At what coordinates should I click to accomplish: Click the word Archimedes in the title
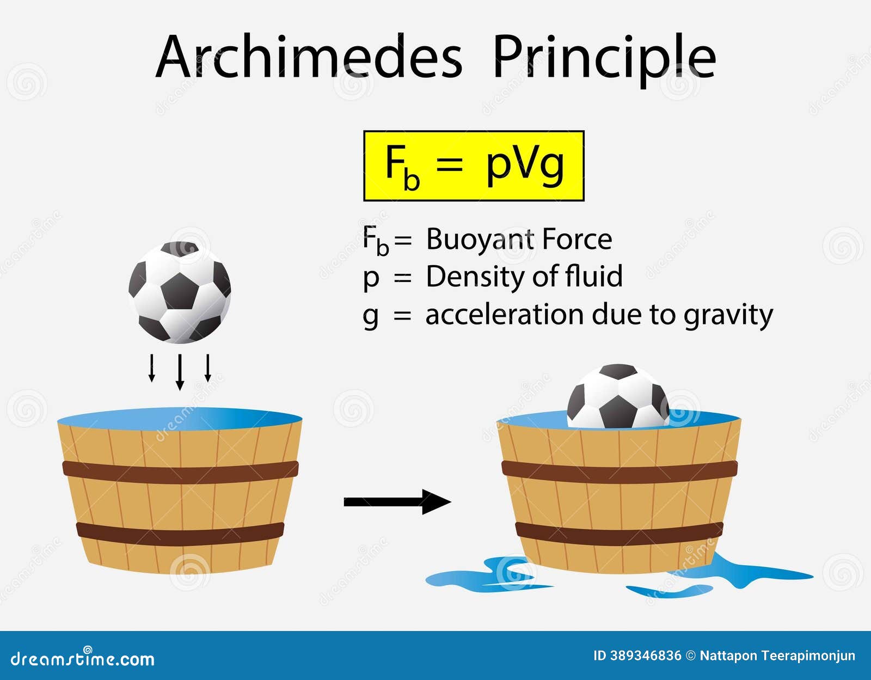309,57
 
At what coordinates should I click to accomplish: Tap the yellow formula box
474,166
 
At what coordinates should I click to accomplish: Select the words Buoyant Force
519,239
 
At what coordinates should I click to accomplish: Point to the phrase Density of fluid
524,276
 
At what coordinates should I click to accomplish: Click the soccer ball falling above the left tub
180,292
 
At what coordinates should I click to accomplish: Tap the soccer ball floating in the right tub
618,396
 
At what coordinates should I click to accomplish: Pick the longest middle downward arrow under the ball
180,372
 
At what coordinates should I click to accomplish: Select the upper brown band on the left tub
180,469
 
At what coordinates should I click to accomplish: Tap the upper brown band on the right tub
619,469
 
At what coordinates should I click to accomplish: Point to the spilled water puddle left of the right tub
479,576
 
